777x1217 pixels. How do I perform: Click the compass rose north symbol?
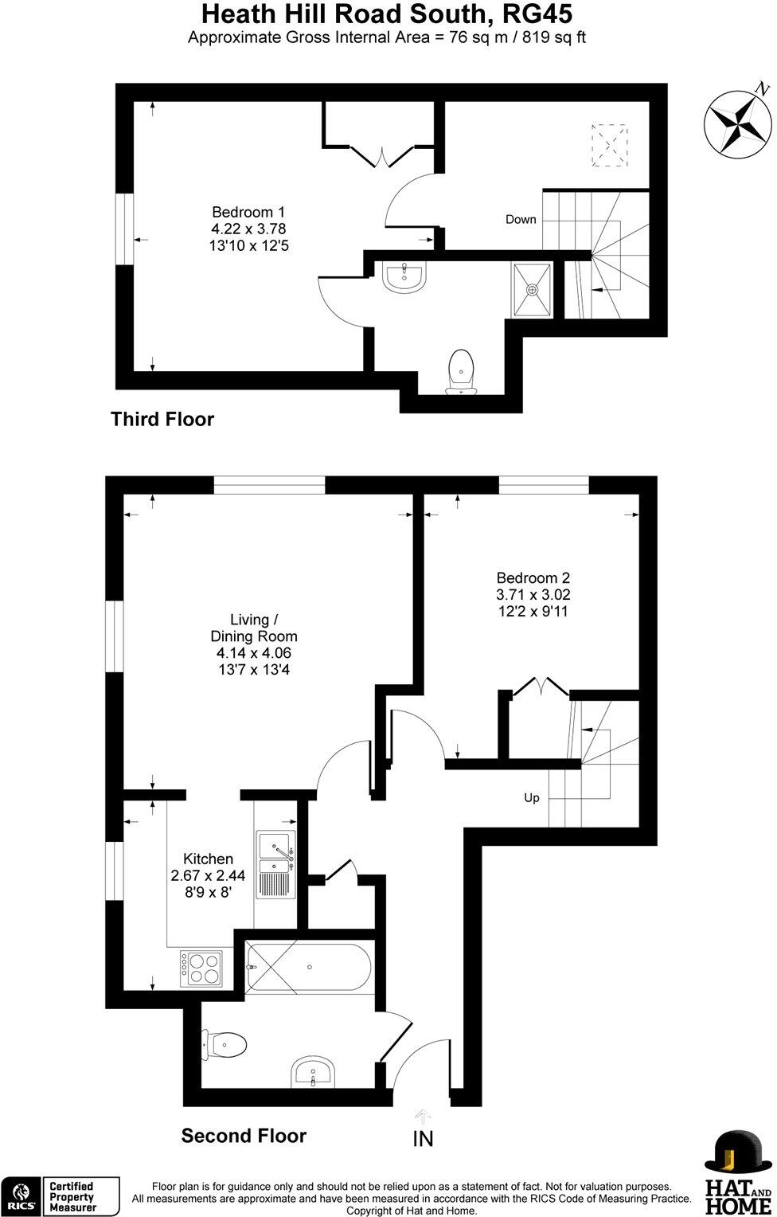(738, 122)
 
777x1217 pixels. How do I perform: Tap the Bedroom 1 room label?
(248, 229)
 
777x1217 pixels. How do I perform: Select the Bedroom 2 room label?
(533, 594)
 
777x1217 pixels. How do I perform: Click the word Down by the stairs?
(521, 219)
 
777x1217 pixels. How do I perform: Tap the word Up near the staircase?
(531, 797)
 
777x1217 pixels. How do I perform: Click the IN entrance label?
(423, 1139)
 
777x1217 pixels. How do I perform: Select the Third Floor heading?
(162, 419)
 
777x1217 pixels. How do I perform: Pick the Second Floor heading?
(244, 1135)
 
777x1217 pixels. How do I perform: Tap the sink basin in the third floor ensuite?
(405, 276)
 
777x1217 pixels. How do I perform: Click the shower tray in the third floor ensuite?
(531, 289)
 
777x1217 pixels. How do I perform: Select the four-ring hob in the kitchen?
(201, 969)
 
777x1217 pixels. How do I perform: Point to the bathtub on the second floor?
(308, 968)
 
